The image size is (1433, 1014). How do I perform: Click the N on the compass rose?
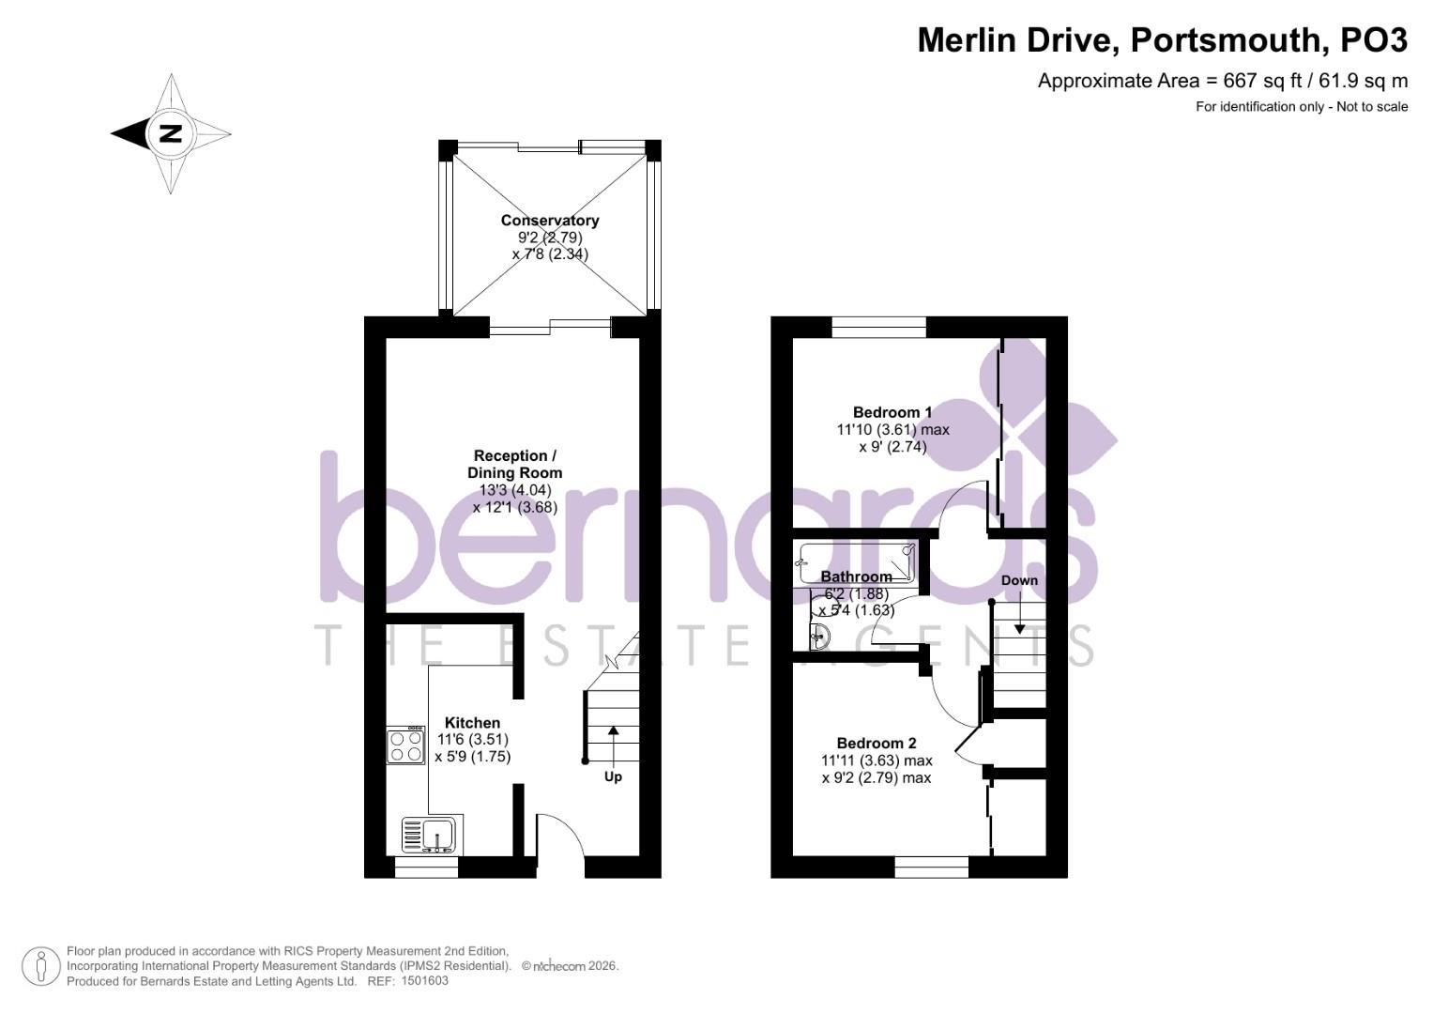tap(171, 133)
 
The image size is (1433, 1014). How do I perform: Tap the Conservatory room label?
tap(550, 221)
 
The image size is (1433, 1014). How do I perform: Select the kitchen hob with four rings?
tap(405, 745)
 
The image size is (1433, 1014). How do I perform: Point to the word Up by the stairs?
tap(613, 776)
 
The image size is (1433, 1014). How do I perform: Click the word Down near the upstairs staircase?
tap(1019, 580)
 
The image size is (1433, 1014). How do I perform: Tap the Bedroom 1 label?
tap(892, 412)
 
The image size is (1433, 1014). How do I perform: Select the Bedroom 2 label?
tap(877, 744)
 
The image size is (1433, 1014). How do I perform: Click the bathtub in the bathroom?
tap(857, 562)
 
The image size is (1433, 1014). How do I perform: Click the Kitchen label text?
tap(472, 723)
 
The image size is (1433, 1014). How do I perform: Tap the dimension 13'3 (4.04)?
tap(515, 490)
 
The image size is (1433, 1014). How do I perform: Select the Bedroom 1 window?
tap(878, 327)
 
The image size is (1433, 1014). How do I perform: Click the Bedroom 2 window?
tap(932, 867)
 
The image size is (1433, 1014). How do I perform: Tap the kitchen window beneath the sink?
tap(426, 867)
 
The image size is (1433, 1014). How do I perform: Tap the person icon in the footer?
tap(41, 966)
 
